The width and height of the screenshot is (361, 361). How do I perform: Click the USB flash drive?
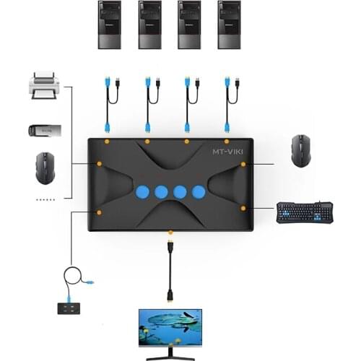(44, 130)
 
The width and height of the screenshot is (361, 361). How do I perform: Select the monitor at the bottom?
(170, 330)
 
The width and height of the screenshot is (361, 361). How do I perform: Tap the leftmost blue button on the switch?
(142, 192)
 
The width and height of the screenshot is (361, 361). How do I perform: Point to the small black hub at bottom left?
(70, 308)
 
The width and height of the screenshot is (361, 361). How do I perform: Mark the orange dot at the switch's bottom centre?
(170, 232)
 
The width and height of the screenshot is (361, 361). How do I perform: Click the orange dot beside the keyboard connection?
(243, 209)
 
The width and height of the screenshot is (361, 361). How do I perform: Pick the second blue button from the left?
(161, 192)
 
